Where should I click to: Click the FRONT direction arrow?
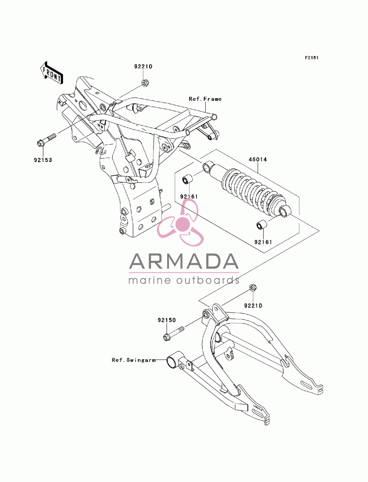[x=52, y=73]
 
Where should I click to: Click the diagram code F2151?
[x=311, y=58]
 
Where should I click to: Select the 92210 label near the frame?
[x=143, y=66]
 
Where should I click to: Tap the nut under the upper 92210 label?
[x=145, y=83]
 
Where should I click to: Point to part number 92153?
[x=43, y=160]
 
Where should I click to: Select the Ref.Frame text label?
[x=205, y=99]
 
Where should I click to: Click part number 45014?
[x=258, y=159]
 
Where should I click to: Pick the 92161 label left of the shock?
[x=189, y=197]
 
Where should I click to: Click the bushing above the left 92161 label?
[x=187, y=179]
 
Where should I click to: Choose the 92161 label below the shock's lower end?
[x=263, y=242]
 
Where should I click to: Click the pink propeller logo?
[x=180, y=222]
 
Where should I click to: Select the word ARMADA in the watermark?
[x=184, y=261]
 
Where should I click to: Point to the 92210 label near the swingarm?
[x=253, y=306]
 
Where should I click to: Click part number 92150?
[x=167, y=320]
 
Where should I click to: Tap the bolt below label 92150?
[x=174, y=334]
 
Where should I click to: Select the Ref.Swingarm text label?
[x=134, y=360]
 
